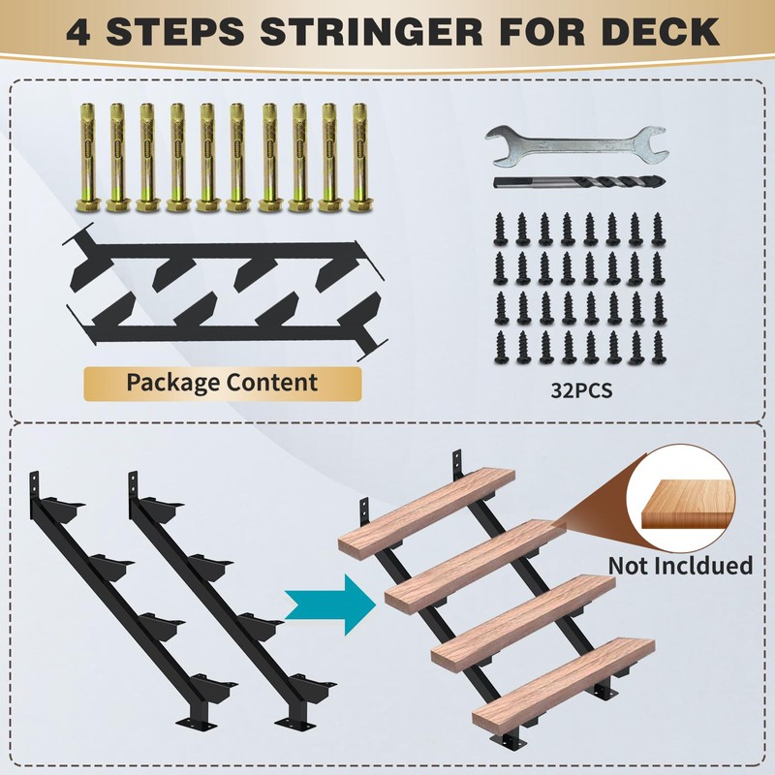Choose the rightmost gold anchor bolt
coord(360,157)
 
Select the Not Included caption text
coord(680,565)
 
